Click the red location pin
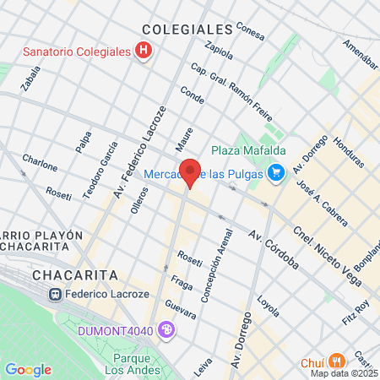point(191,172)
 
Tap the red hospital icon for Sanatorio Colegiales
point(144,51)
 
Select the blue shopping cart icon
point(275,174)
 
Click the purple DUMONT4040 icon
point(167,329)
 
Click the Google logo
point(28,369)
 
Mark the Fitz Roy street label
point(355,311)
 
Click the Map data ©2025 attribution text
point(345,373)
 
